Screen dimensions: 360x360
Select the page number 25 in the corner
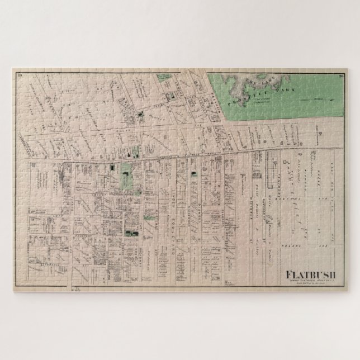click(x=20, y=74)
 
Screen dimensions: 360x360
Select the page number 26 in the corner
click(x=340, y=74)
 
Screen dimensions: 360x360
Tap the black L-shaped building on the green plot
click(x=126, y=178)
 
